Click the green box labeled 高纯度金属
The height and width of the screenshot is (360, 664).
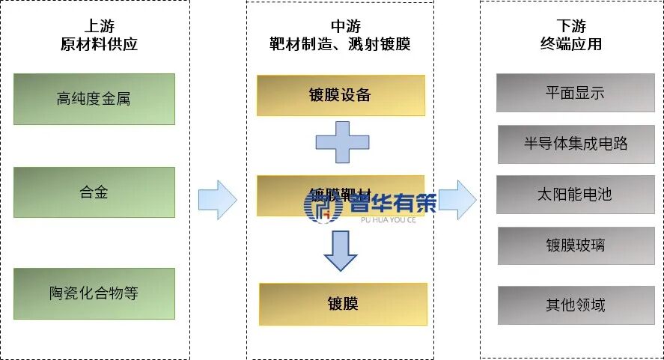pos(94,99)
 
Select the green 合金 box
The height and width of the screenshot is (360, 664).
pos(94,192)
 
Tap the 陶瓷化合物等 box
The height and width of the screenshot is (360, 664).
pos(94,293)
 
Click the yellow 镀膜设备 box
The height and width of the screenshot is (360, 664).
pos(340,95)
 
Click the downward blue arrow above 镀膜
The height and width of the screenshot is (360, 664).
pos(341,251)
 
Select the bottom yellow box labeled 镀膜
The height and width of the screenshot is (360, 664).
pos(343,304)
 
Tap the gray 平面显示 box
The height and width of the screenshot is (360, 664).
pos(575,93)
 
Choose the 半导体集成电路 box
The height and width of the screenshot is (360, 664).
pos(575,144)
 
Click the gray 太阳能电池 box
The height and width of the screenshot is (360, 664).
pos(575,195)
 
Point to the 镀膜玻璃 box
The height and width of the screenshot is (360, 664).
pos(575,245)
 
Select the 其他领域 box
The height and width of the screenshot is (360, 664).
pos(575,305)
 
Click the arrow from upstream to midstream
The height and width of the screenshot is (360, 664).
pos(217,200)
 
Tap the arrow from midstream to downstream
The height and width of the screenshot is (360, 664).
pos(457,200)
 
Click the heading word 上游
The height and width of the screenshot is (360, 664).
pos(99,25)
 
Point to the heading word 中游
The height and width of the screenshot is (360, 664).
pos(340,25)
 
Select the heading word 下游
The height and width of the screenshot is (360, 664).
pos(570,25)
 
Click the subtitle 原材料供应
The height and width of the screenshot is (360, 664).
pos(99,44)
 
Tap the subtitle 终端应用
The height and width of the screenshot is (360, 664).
pos(570,44)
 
